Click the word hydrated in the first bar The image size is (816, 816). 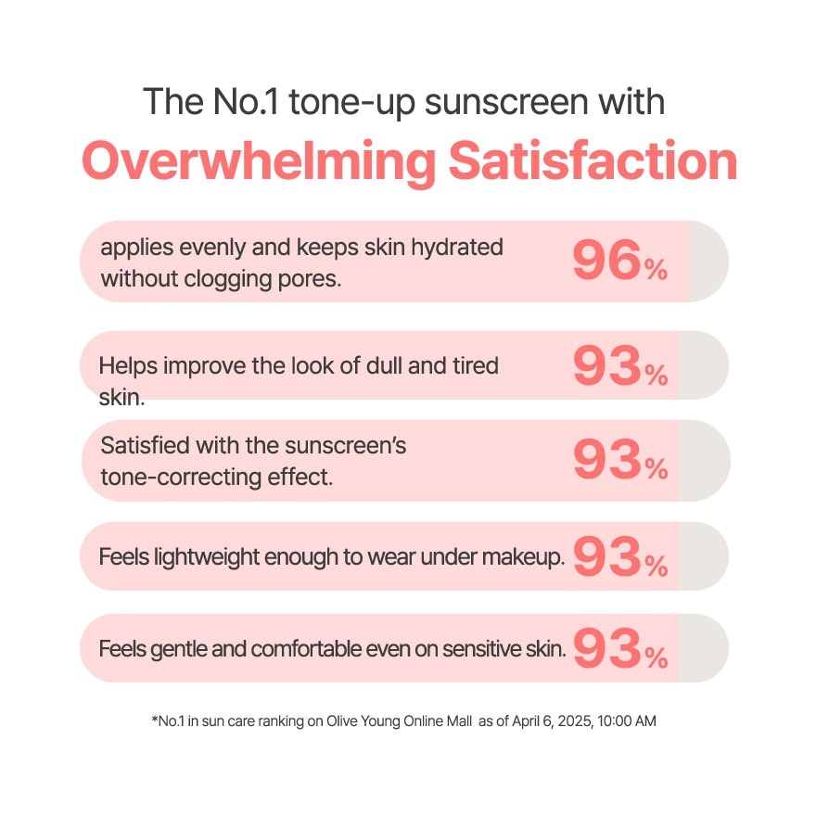[455, 249]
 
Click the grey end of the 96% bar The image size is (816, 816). [708, 261]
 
